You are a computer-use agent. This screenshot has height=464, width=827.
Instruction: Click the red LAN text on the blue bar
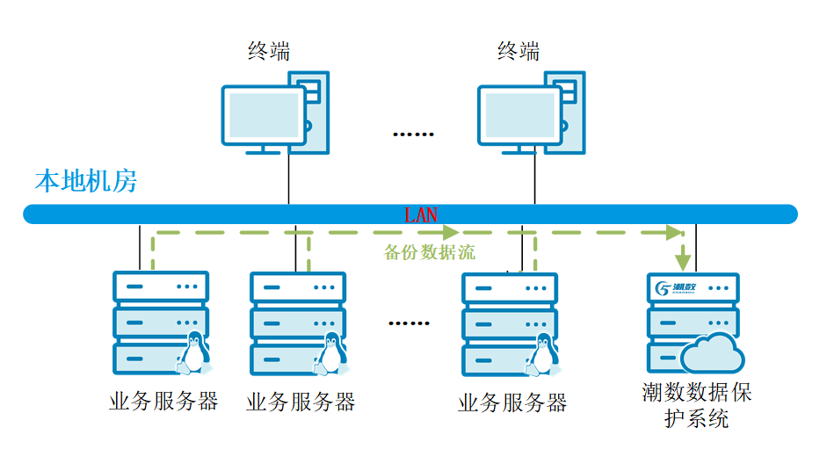coord(421,214)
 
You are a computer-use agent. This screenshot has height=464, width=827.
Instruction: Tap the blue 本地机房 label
coord(85,182)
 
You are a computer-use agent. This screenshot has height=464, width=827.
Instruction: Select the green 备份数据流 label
coord(430,253)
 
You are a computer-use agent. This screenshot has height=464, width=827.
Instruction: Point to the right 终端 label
coord(519,51)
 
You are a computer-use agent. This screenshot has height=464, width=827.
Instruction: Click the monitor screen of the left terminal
coord(261,115)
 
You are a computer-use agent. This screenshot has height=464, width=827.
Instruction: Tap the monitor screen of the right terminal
coord(517,115)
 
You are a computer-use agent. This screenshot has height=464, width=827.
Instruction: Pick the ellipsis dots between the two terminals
coord(413,134)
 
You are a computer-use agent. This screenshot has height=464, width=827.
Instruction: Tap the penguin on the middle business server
coord(330,352)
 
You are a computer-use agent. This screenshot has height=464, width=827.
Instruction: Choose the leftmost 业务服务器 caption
coord(163,402)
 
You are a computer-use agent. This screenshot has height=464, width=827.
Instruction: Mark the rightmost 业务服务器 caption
coord(512,403)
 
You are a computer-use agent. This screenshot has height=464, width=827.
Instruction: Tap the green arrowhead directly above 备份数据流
coord(451,233)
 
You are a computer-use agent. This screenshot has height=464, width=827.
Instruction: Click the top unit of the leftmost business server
coord(161,286)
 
